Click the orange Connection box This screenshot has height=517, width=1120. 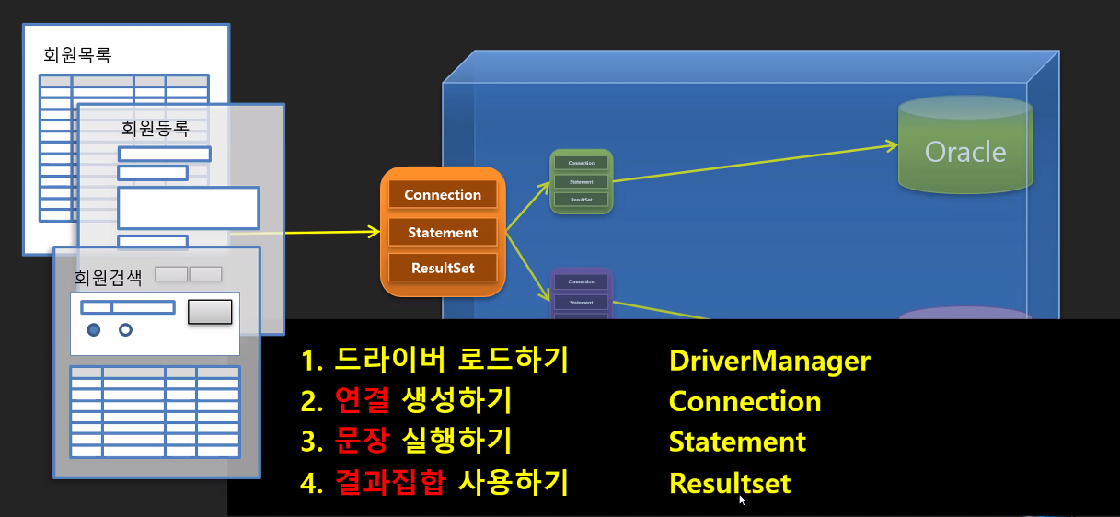tap(443, 195)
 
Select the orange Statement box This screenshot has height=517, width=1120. tap(443, 233)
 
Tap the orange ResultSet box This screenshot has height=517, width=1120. tap(443, 268)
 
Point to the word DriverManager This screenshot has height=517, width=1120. tap(769, 361)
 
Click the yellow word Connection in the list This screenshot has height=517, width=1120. tap(745, 402)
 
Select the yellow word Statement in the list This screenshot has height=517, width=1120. tap(737, 442)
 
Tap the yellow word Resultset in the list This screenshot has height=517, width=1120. tap(730, 483)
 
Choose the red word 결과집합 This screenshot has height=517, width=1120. tap(391, 483)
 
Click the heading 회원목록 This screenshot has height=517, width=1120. tap(77, 55)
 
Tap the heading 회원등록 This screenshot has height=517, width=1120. tap(156, 128)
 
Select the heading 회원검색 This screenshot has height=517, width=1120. tap(108, 276)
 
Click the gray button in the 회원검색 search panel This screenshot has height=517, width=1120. tap(210, 312)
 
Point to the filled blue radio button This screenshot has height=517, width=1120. tap(94, 329)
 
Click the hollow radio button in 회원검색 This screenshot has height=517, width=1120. tap(126, 329)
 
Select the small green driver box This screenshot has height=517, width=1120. tap(581, 181)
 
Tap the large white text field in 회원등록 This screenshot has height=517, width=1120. tap(188, 208)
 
